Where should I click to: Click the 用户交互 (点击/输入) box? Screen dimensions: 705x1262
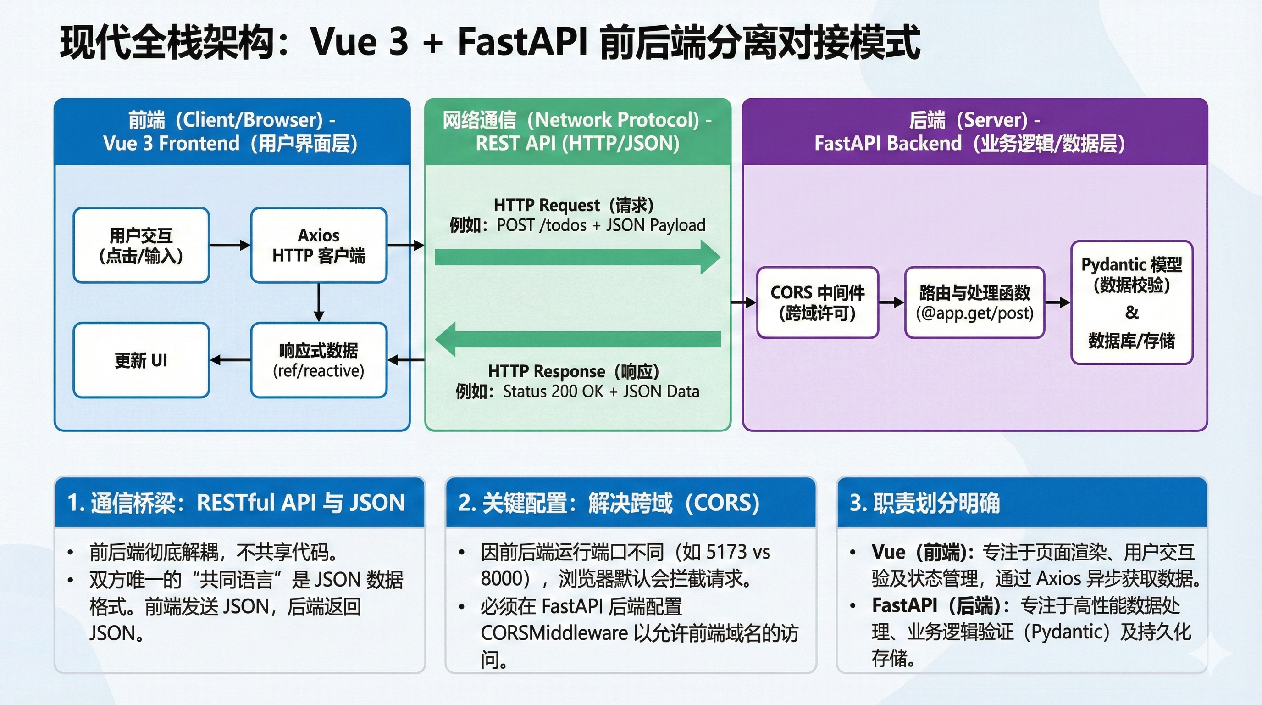point(141,245)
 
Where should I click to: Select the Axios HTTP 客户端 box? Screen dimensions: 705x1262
point(318,245)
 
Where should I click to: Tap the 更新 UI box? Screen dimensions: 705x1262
point(141,360)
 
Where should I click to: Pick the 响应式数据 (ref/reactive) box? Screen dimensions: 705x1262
point(318,360)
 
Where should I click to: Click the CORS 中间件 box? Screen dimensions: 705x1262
point(817,302)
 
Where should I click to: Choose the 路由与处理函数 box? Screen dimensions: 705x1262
point(974,302)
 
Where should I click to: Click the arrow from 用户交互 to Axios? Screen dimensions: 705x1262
point(230,245)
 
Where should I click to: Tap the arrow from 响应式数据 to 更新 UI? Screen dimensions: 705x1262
point(230,360)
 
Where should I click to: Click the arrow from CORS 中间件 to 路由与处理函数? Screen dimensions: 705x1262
point(891,302)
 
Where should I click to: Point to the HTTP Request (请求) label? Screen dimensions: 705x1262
point(573,205)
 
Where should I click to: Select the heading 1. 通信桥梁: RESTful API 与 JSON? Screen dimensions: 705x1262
point(236,503)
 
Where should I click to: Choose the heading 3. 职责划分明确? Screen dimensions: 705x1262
point(925,503)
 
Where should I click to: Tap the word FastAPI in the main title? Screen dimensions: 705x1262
point(522,42)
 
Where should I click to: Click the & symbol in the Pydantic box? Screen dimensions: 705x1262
point(1132,312)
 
